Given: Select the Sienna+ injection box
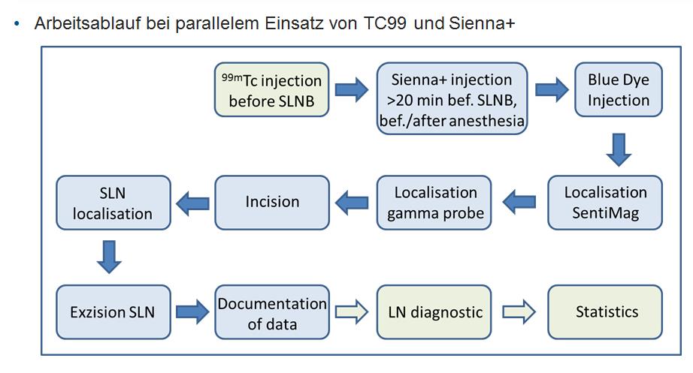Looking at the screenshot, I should tap(452, 100).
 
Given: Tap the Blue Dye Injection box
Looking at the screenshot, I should tap(619, 90).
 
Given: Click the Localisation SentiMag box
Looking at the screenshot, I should tap(605, 202).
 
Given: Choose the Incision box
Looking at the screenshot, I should tap(272, 202).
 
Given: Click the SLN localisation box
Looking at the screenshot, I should tap(113, 202).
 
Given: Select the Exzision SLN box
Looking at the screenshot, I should tap(113, 311).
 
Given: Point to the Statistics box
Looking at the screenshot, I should tap(606, 311).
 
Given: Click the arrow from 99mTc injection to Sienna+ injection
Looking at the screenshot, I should tap(351, 91).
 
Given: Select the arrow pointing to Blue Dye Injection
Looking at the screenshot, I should tap(552, 91).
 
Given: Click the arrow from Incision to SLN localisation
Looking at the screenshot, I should tap(192, 202).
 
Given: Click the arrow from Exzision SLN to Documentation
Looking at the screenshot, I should tap(192, 312).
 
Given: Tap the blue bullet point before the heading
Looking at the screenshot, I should tap(17, 24).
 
